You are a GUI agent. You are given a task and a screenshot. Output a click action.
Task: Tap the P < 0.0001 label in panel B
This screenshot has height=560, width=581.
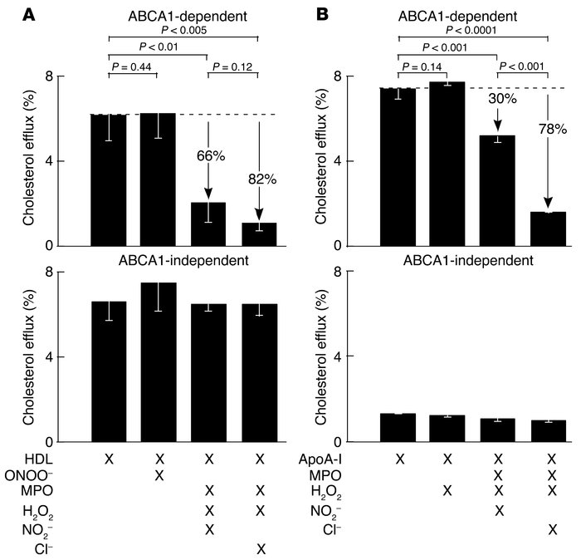click(474, 30)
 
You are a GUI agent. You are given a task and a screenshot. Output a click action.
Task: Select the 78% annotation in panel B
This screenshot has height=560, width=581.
click(549, 153)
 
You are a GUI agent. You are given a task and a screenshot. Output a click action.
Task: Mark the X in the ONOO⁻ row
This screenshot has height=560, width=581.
click(159, 474)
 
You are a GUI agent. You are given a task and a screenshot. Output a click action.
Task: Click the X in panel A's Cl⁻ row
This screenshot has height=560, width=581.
click(259, 549)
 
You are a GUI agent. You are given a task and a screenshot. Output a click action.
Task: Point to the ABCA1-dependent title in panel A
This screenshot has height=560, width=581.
click(183, 14)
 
